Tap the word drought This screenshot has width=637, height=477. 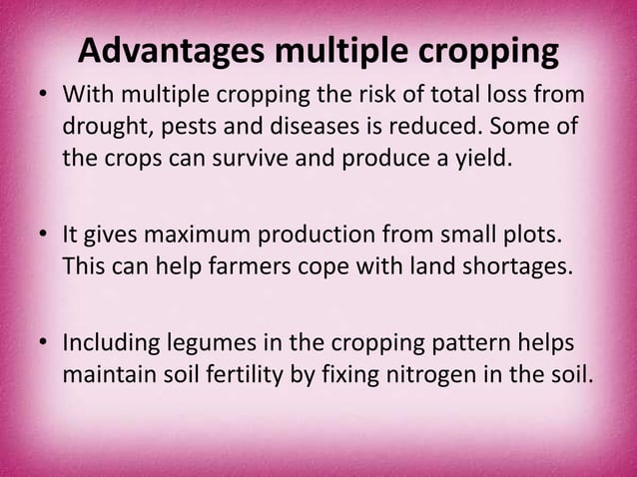click(105, 129)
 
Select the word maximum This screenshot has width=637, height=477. click(200, 237)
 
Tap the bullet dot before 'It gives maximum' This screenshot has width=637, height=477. click(43, 237)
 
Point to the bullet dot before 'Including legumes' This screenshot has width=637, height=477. click(43, 344)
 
